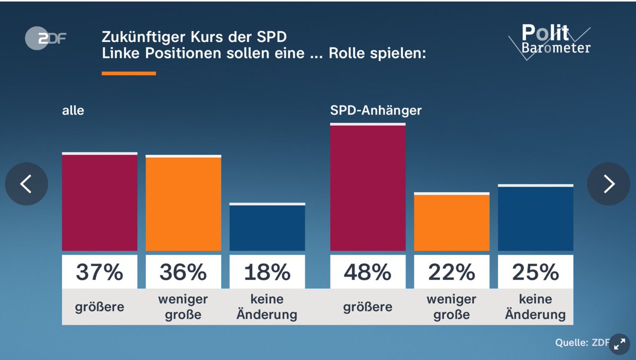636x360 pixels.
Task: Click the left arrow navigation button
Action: point(26,184)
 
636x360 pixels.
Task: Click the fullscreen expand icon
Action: point(619,344)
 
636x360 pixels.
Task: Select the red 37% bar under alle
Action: point(100,203)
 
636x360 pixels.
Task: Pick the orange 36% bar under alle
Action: point(183,204)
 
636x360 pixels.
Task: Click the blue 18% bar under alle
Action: point(267,228)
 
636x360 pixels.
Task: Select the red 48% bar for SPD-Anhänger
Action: point(368,188)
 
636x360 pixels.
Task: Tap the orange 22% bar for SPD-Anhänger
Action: point(452,223)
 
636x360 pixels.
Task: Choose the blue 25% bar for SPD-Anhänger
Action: point(535,218)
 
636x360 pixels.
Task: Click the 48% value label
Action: point(368,272)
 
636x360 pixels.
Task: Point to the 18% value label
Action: point(267,272)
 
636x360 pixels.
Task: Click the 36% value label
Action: point(183,272)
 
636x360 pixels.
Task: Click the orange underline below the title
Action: point(128,73)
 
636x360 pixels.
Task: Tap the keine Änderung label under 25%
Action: point(535,307)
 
